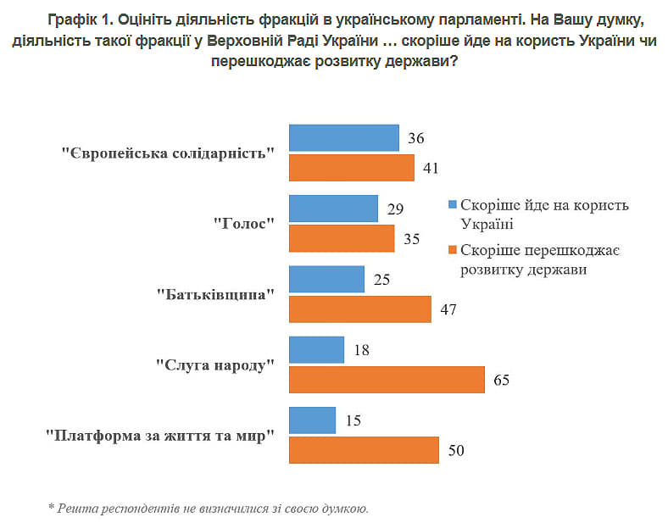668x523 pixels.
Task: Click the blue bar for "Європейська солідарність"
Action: (x=343, y=138)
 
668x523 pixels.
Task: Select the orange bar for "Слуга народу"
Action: (x=387, y=380)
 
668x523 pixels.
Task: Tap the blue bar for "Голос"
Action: (x=333, y=209)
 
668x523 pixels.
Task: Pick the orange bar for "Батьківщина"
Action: (x=360, y=309)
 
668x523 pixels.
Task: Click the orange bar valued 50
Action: (x=364, y=450)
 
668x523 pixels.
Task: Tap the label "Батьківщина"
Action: (x=216, y=295)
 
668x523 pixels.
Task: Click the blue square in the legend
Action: (x=453, y=205)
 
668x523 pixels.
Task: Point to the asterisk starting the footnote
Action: (x=50, y=509)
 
